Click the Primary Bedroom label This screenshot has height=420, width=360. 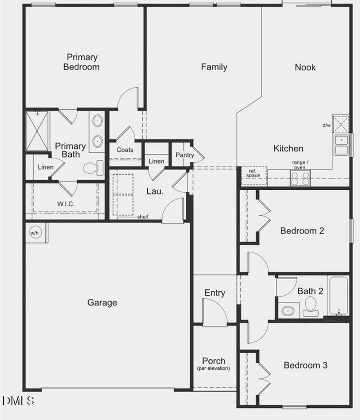pyautogui.click(x=82, y=62)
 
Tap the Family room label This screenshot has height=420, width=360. pyautogui.click(x=214, y=67)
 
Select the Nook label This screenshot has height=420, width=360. pyautogui.click(x=305, y=67)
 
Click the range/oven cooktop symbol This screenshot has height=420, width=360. pyautogui.click(x=300, y=178)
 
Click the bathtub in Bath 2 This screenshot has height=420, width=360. pyautogui.click(x=339, y=296)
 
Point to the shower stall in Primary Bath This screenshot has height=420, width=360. pyautogui.click(x=37, y=131)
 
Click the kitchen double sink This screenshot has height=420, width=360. pyautogui.click(x=341, y=145)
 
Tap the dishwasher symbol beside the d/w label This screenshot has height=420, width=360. pyautogui.click(x=341, y=124)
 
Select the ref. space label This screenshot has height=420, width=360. pyautogui.click(x=253, y=173)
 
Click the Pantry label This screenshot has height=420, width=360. pyautogui.click(x=185, y=155)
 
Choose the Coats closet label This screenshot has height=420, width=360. pyautogui.click(x=125, y=150)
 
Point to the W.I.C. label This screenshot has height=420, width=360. pyautogui.click(x=66, y=204)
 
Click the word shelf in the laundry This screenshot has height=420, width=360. pyautogui.click(x=143, y=217)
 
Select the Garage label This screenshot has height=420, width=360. pyautogui.click(x=102, y=303)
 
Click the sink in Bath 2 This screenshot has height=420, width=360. pyautogui.click(x=288, y=311)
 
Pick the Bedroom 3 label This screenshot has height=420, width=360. pyautogui.click(x=305, y=365)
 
